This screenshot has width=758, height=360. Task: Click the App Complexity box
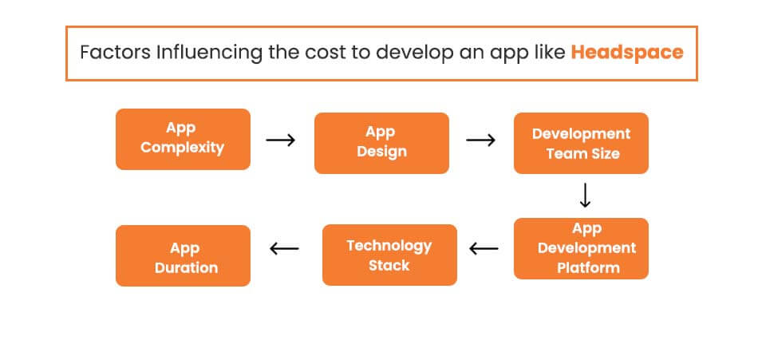(183, 139)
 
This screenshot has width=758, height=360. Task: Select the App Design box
(381, 142)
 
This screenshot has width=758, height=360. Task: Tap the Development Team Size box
(581, 143)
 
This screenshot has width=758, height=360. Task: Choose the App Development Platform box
(581, 248)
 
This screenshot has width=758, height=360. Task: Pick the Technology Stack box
(389, 255)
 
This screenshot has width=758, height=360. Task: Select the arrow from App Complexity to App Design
(281, 140)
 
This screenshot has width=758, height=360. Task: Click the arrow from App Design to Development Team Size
(480, 140)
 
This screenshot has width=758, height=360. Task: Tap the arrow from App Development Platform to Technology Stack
(484, 248)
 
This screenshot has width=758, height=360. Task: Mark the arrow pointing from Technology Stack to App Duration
(284, 248)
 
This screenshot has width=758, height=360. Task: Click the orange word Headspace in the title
(627, 53)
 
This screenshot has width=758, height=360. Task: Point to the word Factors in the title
(114, 53)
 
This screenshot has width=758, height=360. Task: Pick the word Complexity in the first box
(183, 148)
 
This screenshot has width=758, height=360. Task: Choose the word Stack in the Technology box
(389, 265)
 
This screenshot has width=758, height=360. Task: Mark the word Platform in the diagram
(588, 267)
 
